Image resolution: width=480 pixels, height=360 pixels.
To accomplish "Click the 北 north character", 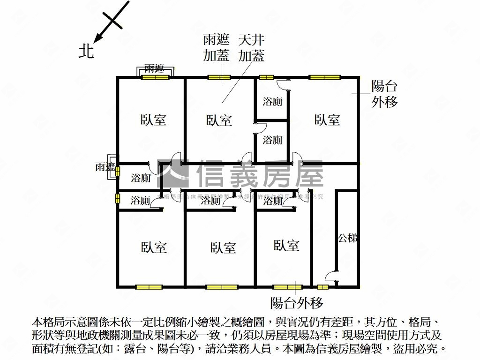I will pos(86,51).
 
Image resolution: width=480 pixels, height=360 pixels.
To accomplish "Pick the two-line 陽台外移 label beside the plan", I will pos(384,94).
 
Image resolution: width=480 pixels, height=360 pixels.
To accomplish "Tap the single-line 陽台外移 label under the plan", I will pos(297,303).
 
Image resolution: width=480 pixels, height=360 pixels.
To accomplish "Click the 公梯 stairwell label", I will pos(348,238).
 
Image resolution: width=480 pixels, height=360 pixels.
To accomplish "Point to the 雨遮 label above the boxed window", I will pos(155,68).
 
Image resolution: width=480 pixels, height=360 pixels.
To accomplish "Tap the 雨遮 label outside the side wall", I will pos(105,167).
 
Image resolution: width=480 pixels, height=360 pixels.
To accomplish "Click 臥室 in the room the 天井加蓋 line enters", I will pos(219,120).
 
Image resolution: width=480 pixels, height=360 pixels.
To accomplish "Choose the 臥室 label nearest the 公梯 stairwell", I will pos(286,245).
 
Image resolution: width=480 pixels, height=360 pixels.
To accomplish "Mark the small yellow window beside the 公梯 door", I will pos(322,287).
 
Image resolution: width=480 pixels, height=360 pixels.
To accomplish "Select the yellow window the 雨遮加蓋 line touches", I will pos(218,78).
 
